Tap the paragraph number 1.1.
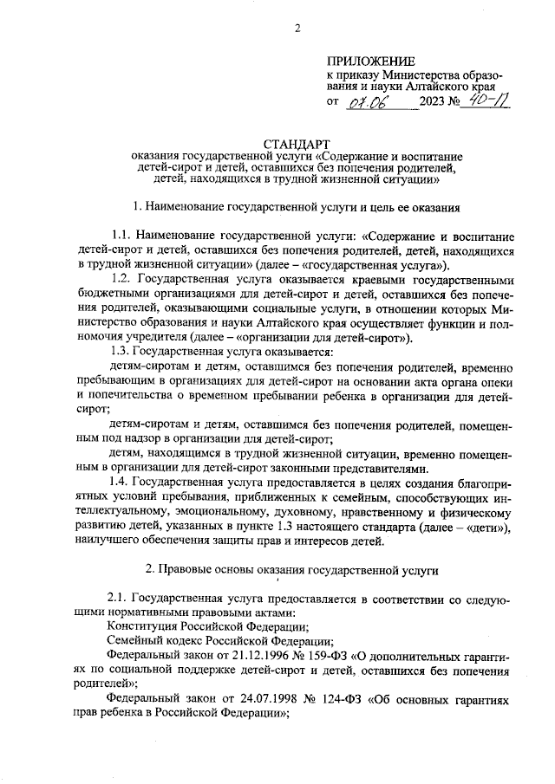[x=124, y=236]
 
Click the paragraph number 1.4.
[x=124, y=480]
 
